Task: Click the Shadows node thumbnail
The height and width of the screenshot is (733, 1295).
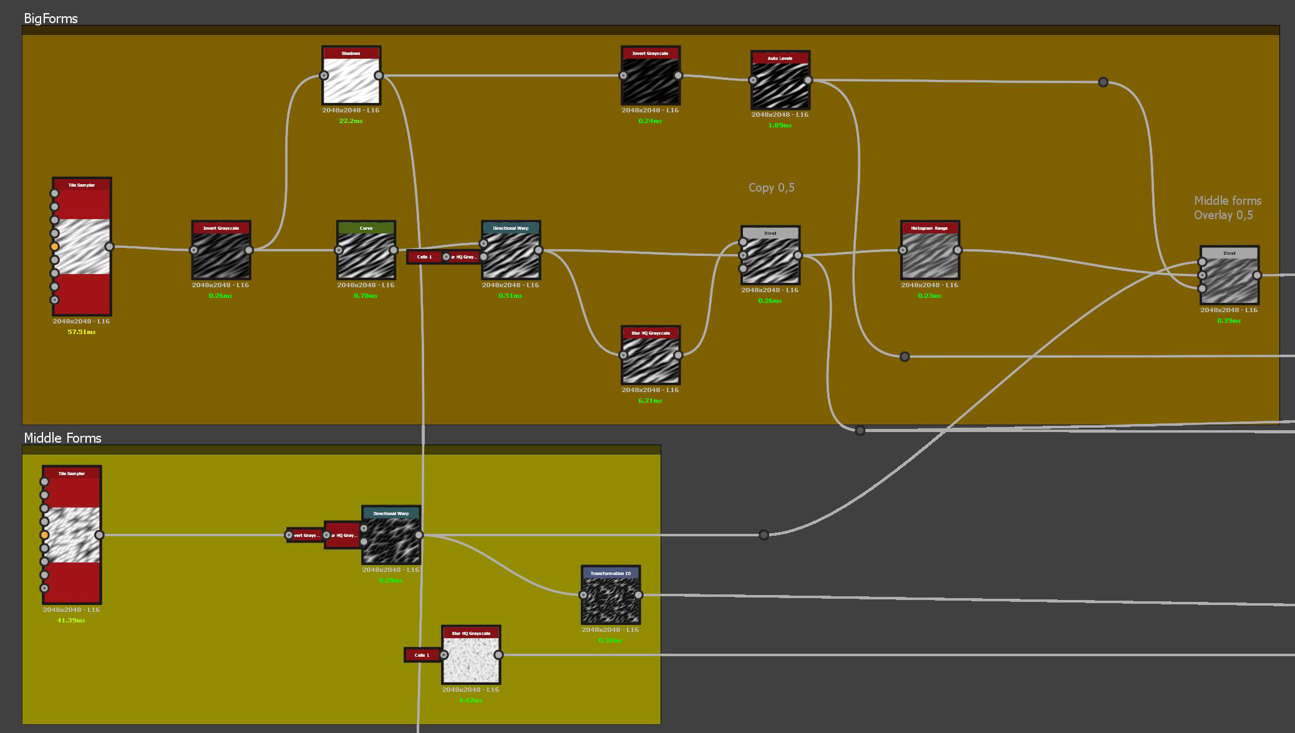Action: pyautogui.click(x=351, y=80)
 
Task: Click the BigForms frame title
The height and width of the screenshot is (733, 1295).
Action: pyautogui.click(x=51, y=19)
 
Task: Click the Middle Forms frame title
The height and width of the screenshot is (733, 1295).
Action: pyautogui.click(x=62, y=438)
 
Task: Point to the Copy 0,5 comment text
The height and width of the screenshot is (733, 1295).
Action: pyautogui.click(x=771, y=187)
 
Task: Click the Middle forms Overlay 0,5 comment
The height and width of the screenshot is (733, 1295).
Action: pyautogui.click(x=1226, y=208)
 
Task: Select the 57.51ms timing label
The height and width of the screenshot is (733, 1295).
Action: pyautogui.click(x=81, y=332)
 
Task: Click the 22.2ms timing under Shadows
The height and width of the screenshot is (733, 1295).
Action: pyautogui.click(x=351, y=121)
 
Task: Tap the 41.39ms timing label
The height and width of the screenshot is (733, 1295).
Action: pyautogui.click(x=71, y=621)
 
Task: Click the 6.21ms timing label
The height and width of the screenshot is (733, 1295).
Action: pyautogui.click(x=650, y=401)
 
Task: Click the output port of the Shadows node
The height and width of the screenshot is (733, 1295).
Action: pyautogui.click(x=379, y=76)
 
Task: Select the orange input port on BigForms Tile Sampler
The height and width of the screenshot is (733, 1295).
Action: pyautogui.click(x=55, y=247)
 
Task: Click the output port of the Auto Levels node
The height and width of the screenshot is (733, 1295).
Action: pyautogui.click(x=808, y=80)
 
